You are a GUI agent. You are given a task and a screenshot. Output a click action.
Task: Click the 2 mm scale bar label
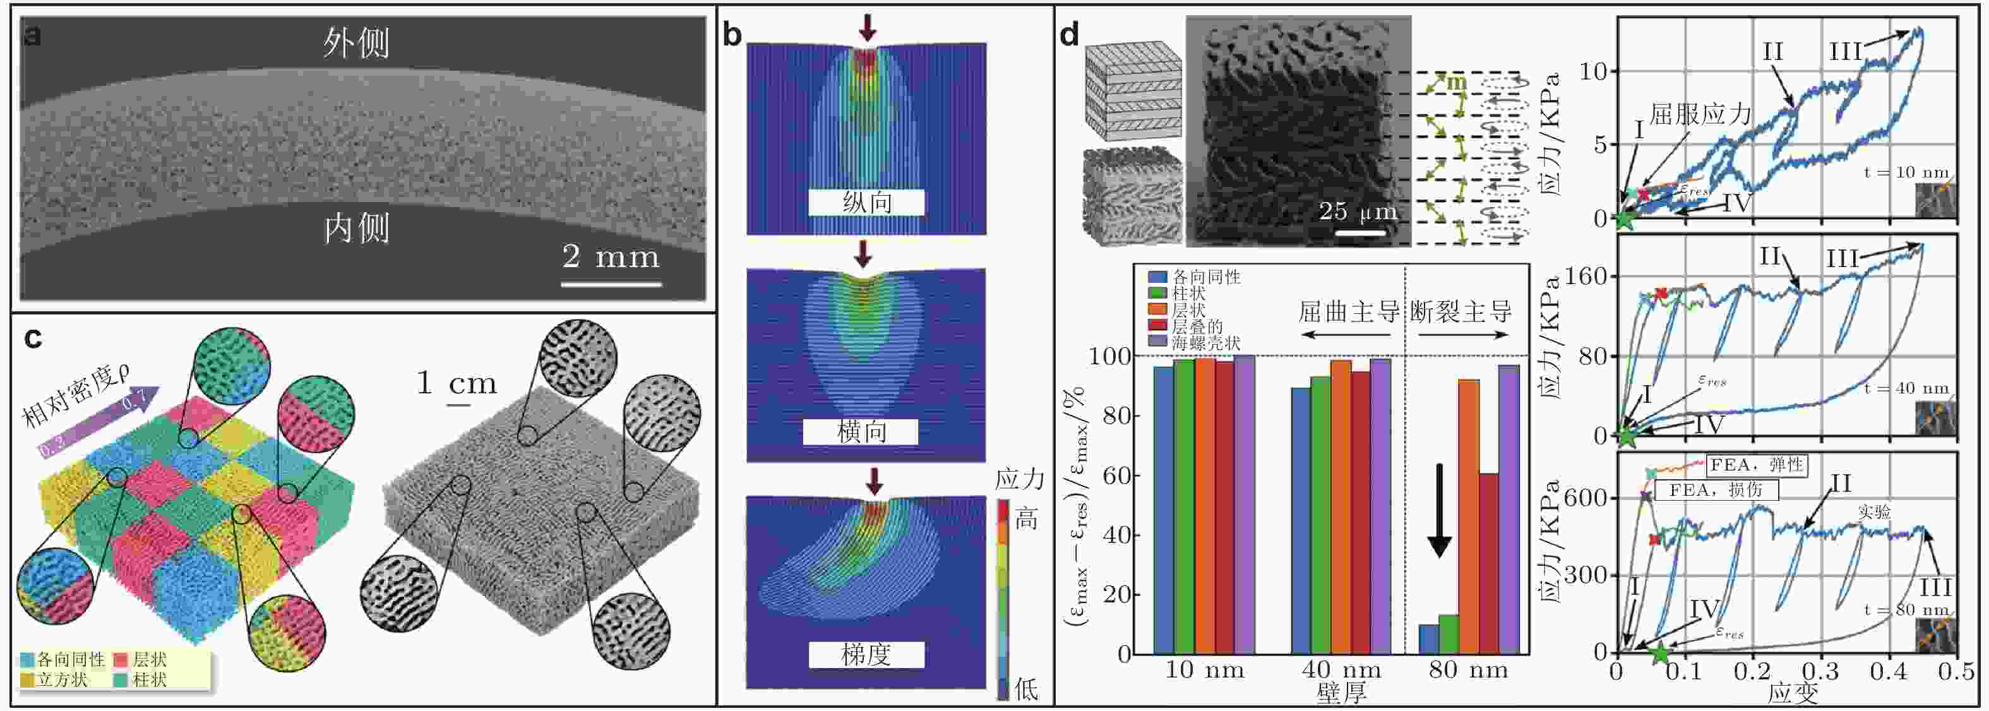pos(611,257)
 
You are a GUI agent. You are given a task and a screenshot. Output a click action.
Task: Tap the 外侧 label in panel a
pos(356,43)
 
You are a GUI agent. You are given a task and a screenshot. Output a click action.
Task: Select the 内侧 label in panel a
pos(356,229)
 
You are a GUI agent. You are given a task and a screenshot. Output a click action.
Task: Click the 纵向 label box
pos(866,202)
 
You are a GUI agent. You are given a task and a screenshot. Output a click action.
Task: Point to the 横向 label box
pos(861,431)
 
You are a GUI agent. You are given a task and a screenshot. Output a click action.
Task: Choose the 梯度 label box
pos(866,655)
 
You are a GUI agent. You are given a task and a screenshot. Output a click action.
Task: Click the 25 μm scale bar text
pos(1358,212)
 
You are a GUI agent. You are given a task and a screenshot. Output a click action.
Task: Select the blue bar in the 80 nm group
pos(1429,638)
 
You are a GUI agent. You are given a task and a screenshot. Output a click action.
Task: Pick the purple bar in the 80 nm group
pos(1508,510)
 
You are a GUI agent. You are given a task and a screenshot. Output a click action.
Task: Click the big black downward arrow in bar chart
pos(1439,510)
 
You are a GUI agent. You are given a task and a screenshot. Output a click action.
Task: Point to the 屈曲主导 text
pos(1348,312)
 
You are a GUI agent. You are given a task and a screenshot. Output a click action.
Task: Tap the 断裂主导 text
pos(1461,312)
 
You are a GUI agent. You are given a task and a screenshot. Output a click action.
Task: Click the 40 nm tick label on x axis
pos(1341,670)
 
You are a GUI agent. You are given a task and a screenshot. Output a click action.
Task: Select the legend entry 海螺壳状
pos(1205,342)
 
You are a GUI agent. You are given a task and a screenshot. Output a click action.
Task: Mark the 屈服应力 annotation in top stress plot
pos(1700,115)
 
